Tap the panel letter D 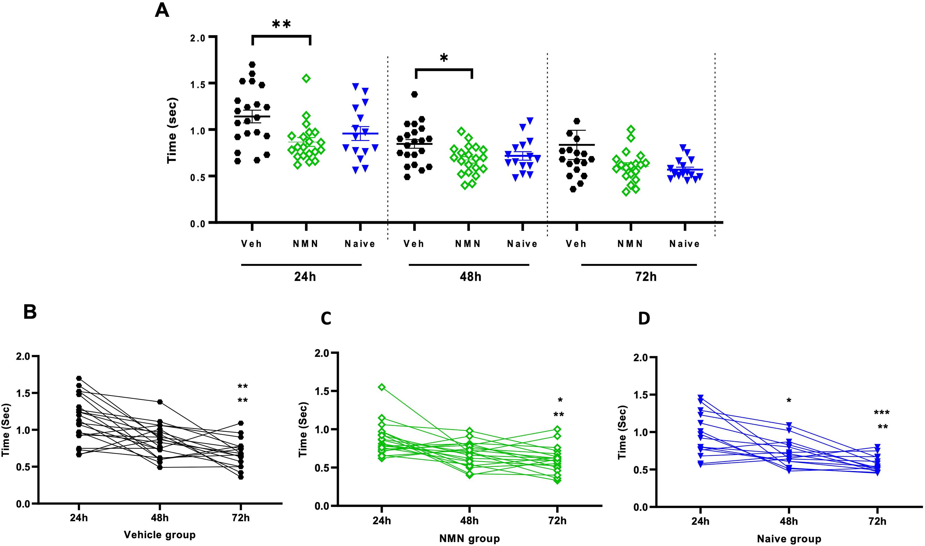pos(644,318)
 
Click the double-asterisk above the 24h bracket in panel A pos(281,24)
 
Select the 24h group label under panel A pos(305,277)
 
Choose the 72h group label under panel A pos(646,277)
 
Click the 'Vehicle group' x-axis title pos(160,535)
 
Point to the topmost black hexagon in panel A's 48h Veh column pos(414,94)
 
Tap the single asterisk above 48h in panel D pos(789,400)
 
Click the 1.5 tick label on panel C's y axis pos(322,391)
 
